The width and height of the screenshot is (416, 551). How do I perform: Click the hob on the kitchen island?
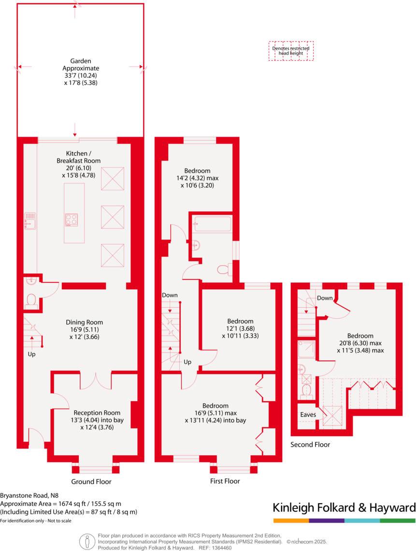pos(72,220)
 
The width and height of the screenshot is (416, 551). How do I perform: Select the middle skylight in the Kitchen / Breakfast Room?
pos(112,217)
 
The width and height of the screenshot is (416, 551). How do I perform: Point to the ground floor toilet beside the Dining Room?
pos(31,300)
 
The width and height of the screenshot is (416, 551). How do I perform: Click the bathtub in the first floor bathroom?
pos(212,224)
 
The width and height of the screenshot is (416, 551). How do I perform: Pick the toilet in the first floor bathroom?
pos(224,269)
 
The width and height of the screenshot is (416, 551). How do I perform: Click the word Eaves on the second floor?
pos(308,414)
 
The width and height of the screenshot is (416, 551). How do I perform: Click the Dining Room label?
pos(85,322)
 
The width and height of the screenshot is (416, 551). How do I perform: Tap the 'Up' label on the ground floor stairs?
pos(31,353)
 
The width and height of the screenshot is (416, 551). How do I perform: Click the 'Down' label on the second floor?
pos(325,298)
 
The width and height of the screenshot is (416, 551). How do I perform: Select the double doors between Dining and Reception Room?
pos(97,381)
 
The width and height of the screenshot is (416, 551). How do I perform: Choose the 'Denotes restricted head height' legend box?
pos(291,51)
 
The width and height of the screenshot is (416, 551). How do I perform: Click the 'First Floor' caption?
pos(225,481)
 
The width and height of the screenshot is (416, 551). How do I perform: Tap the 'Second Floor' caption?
pos(310,444)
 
